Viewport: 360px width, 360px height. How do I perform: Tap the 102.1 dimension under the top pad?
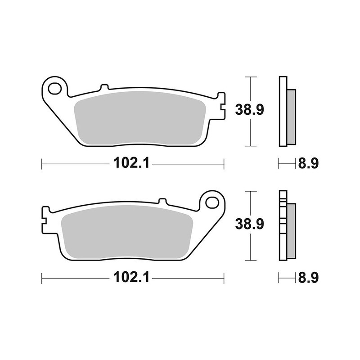pyautogui.click(x=130, y=164)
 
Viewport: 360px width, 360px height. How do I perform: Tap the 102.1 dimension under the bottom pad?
pyautogui.click(x=130, y=278)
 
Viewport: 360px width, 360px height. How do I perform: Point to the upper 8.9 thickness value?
pyautogui.click(x=308, y=164)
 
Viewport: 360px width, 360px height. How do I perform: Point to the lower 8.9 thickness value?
pyautogui.click(x=308, y=278)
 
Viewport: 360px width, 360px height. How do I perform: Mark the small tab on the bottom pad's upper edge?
pyautogui.click(x=163, y=201)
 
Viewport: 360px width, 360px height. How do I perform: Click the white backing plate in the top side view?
pyautogui.click(x=282, y=112)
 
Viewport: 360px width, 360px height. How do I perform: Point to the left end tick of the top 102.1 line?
pyautogui.click(x=41, y=164)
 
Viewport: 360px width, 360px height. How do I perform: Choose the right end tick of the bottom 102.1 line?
pyautogui.click(x=224, y=278)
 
